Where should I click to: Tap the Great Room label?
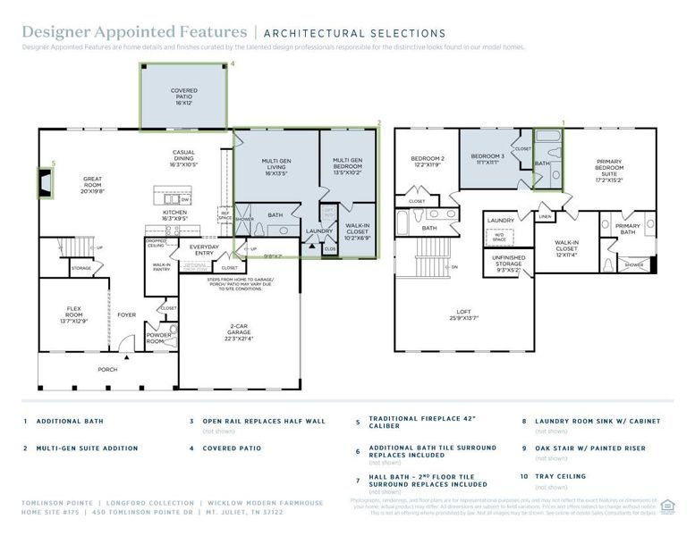92,183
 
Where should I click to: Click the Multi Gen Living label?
275,166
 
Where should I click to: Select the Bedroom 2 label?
428,161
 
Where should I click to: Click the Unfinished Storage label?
509,261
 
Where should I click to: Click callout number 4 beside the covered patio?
233,64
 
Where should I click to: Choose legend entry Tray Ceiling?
561,477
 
